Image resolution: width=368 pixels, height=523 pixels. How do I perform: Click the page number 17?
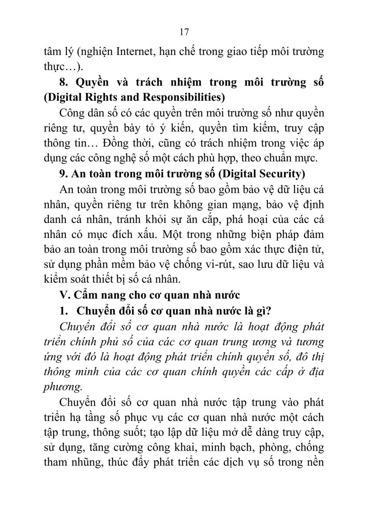click(x=183, y=32)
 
